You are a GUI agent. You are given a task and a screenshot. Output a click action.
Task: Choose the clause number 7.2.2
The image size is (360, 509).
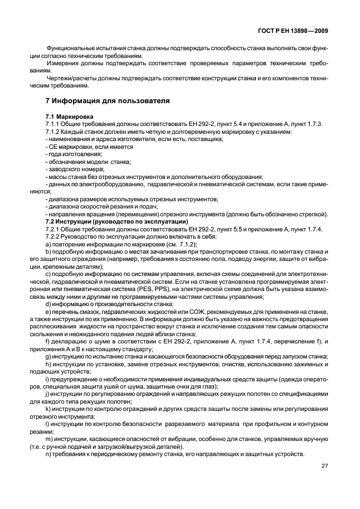pyautogui.click(x=53, y=237)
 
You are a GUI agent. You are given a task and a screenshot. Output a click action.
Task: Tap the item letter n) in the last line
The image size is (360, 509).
pyautogui.click(x=48, y=454)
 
